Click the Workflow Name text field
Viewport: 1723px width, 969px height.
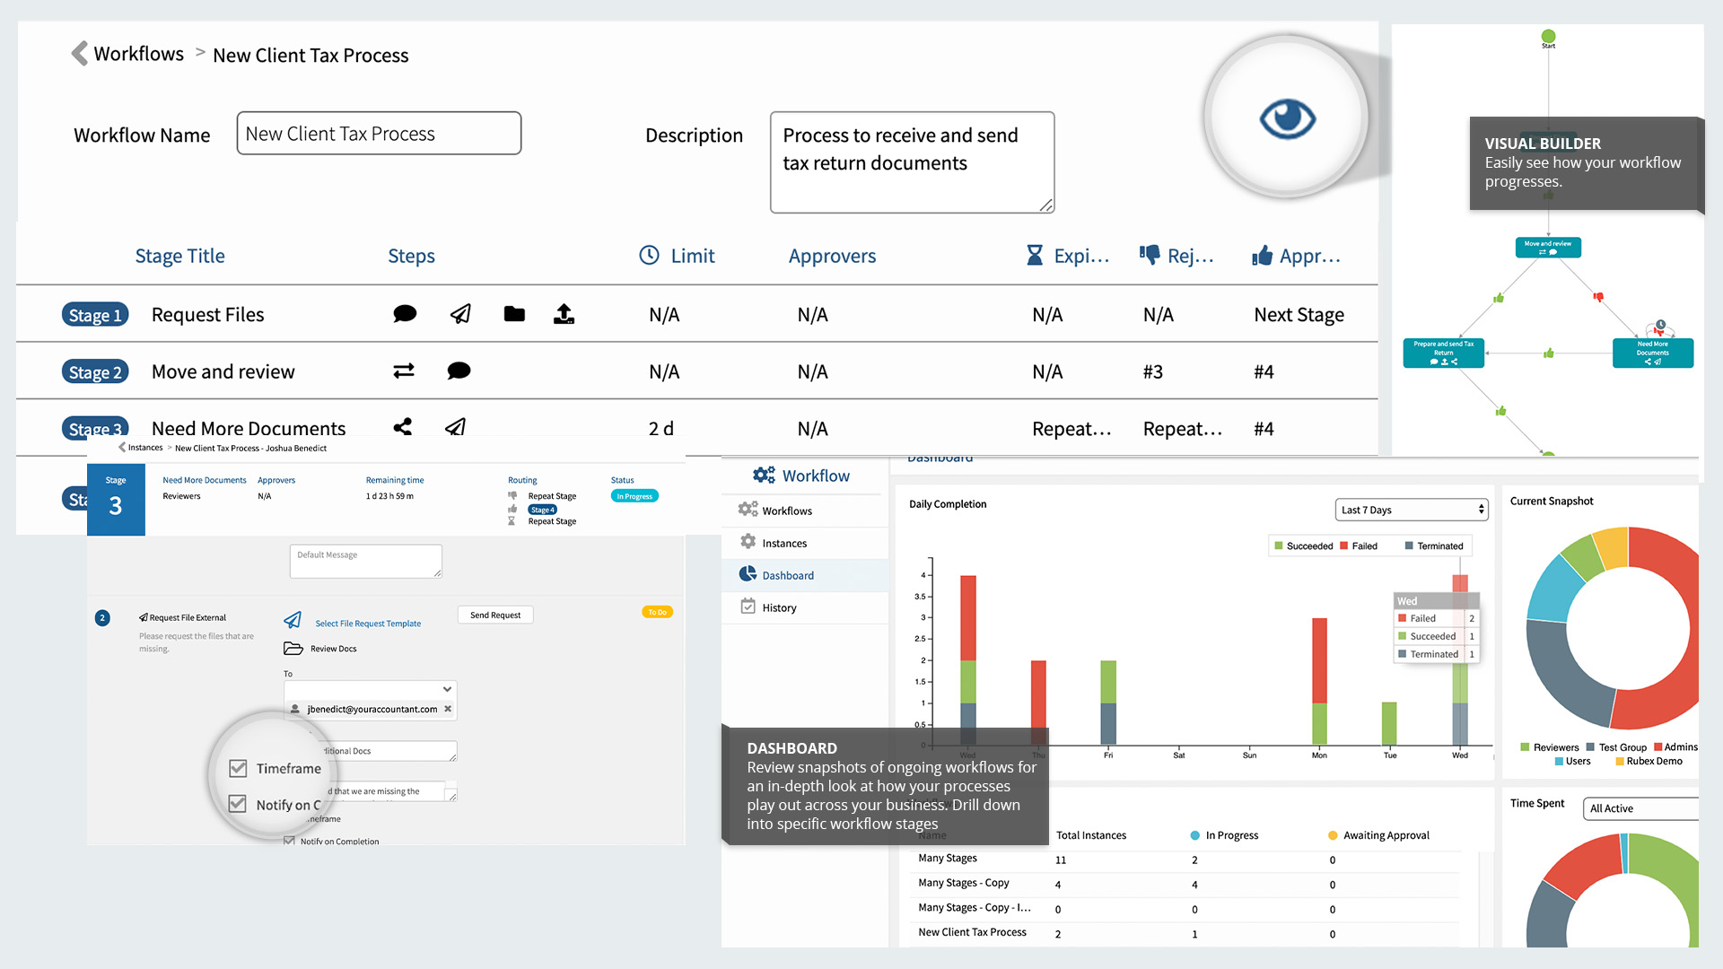(379, 134)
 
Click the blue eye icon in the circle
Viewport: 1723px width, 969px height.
(1287, 118)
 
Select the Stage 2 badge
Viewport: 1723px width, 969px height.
(95, 371)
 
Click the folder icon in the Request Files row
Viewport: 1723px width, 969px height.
(514, 314)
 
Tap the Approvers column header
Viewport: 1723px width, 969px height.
(832, 257)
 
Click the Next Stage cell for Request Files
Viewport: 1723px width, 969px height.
(1299, 315)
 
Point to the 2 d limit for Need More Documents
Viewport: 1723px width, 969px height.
(661, 429)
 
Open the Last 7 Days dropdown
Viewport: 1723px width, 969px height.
(1412, 510)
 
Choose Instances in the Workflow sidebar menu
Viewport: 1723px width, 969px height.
(784, 543)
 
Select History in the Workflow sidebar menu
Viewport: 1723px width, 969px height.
(779, 607)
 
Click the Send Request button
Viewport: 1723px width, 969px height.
(495, 615)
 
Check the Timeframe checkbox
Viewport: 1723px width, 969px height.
(238, 768)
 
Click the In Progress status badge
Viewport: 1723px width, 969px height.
(634, 496)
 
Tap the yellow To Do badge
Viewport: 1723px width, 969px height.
(657, 612)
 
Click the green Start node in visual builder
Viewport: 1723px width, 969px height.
(1548, 37)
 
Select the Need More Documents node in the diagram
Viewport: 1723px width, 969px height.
(1652, 353)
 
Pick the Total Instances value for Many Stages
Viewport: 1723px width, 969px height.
(1061, 860)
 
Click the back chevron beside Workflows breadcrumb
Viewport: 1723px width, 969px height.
(80, 54)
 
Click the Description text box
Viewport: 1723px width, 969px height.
(912, 162)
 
